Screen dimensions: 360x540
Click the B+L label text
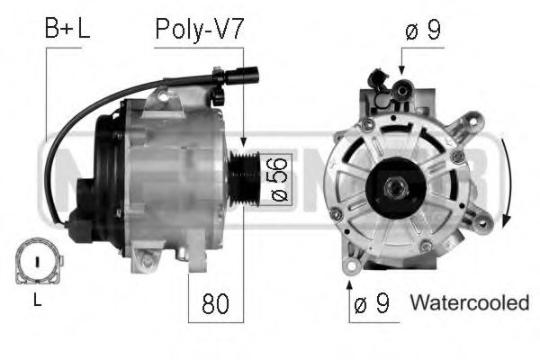tap(67, 30)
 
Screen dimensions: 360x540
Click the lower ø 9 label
tap(371, 304)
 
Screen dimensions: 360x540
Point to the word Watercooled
tap(469, 304)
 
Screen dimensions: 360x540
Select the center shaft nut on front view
tap(393, 186)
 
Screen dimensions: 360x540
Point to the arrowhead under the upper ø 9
tap(401, 71)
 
